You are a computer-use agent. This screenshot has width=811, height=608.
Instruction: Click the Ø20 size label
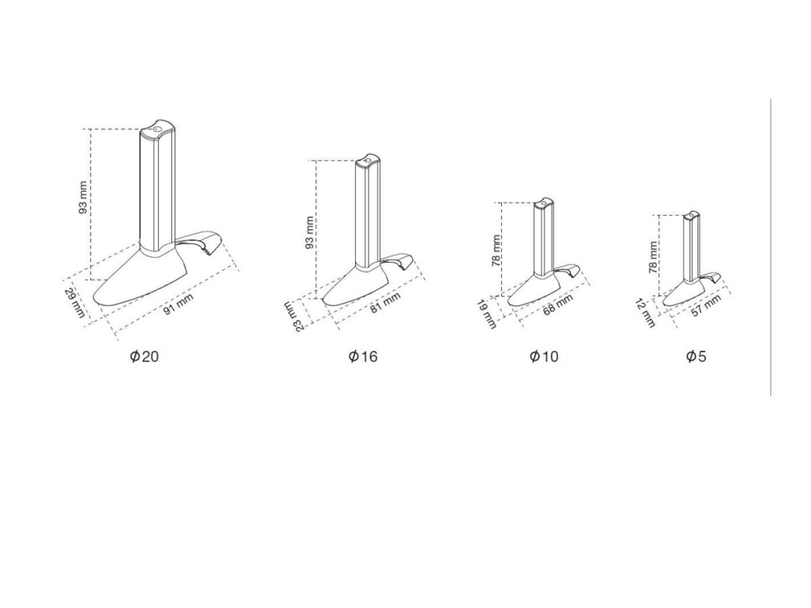click(144, 356)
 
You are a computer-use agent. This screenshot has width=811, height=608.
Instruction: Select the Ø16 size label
click(363, 356)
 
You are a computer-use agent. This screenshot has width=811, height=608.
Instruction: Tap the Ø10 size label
click(544, 356)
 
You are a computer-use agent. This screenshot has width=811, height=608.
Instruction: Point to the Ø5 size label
click(696, 356)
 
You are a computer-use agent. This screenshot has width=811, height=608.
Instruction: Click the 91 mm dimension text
click(178, 303)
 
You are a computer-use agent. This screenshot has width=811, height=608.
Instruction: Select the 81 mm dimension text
click(385, 303)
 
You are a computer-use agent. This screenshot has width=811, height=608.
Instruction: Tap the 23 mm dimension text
click(294, 317)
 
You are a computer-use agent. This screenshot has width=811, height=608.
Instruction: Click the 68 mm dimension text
click(558, 305)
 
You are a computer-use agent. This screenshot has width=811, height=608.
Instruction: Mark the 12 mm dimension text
click(645, 313)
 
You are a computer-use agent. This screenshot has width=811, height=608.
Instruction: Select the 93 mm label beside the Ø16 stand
click(309, 233)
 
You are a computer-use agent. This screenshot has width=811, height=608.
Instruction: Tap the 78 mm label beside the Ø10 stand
click(496, 250)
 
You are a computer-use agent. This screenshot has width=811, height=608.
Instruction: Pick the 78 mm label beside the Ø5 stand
click(653, 257)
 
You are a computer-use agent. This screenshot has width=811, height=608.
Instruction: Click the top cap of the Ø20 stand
click(158, 131)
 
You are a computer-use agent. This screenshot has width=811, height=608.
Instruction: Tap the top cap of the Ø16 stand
click(367, 161)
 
